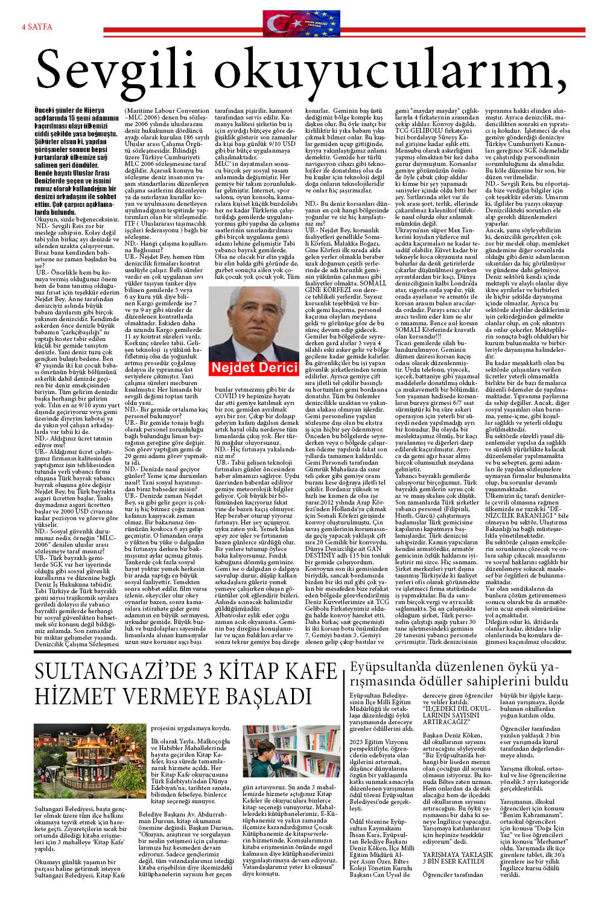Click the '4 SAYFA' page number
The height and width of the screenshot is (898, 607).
coord(37,27)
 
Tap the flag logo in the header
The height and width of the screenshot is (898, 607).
coord(301,24)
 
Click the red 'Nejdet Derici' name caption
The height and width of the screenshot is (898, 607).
coord(255,368)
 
